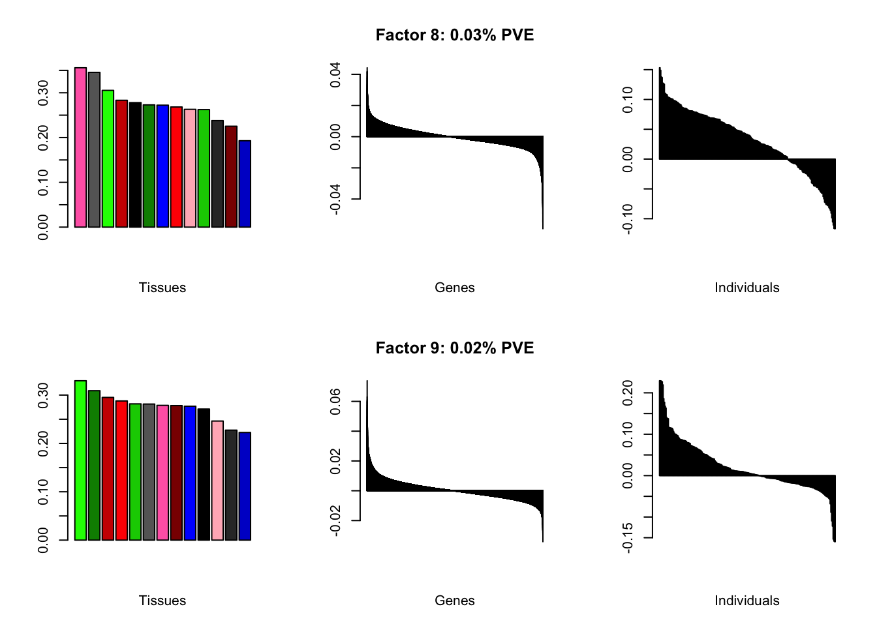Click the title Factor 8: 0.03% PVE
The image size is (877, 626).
454,35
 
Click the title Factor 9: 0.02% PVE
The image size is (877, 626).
454,348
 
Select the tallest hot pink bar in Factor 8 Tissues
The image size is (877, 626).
80,147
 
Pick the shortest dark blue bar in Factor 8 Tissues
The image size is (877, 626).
245,184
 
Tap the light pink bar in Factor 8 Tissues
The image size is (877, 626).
190,168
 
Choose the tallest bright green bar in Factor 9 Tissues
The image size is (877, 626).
80,460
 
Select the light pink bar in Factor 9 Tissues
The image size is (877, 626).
217,481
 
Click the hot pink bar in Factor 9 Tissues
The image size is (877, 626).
162,473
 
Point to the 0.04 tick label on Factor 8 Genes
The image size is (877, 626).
335,74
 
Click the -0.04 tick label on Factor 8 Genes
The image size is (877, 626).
335,199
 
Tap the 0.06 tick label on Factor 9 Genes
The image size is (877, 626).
335,401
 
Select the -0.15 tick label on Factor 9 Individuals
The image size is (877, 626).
628,537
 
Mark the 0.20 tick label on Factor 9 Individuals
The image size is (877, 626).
628,393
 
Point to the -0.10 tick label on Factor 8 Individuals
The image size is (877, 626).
628,218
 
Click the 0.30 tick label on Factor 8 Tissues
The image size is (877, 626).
43,93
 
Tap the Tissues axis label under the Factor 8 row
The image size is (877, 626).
162,288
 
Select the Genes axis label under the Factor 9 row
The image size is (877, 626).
454,601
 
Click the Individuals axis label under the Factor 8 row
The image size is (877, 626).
746,288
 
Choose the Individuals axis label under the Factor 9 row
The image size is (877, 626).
746,601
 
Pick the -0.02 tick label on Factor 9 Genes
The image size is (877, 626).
335,520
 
